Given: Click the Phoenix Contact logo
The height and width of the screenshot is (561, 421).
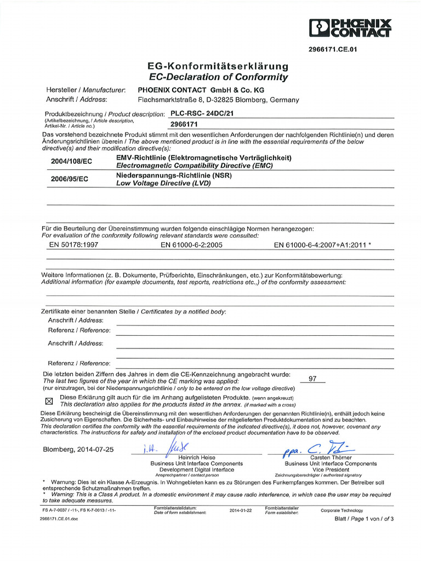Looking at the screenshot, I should tap(350, 28).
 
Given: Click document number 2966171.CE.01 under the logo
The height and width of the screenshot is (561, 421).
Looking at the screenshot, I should tap(334, 49).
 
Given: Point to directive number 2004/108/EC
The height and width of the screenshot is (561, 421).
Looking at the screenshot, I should tap(72, 161).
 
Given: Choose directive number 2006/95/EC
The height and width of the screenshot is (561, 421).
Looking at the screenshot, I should tap(70, 179).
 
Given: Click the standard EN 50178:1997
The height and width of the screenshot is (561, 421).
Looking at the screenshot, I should tap(73, 245).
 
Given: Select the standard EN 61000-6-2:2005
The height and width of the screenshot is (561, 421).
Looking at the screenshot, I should tap(191, 245).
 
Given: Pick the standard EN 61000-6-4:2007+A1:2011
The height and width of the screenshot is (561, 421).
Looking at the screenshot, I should tap(322, 245).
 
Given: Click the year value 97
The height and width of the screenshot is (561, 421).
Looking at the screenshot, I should tap(313, 379).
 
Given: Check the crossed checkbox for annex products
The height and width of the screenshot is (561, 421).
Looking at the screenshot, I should tap(48, 400).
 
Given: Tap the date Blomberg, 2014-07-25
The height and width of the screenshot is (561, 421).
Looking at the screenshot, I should tap(78, 449).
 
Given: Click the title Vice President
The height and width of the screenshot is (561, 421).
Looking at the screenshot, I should tap(331, 470).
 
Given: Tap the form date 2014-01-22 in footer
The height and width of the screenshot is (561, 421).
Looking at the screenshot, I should tap(241, 510).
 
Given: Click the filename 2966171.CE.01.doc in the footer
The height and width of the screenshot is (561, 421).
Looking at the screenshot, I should tap(59, 519).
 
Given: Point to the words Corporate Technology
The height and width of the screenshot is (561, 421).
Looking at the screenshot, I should tap(342, 510).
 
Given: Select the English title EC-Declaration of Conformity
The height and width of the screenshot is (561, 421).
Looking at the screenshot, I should tap(218, 77).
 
